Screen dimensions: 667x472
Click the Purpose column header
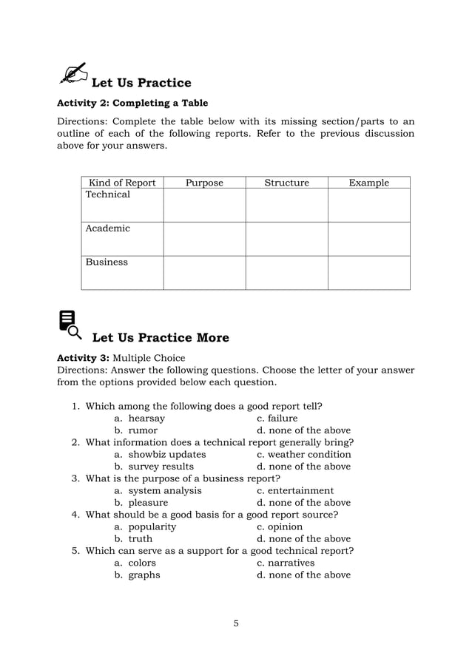tap(204, 183)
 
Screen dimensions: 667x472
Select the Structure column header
tap(286, 183)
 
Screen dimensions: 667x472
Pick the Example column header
tap(368, 183)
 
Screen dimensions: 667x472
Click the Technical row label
tap(107, 194)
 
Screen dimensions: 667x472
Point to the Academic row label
tap(107, 228)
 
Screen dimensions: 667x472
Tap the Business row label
tap(107, 263)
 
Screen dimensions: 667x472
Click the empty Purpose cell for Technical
tap(204, 205)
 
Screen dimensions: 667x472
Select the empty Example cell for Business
tap(368, 272)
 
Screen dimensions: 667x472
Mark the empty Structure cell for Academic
tap(286, 239)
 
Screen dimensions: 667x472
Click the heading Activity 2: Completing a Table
tap(132, 103)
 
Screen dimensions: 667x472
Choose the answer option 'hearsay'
tap(146, 419)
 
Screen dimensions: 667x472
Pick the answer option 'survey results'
tap(161, 467)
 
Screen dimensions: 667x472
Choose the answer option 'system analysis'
tap(164, 490)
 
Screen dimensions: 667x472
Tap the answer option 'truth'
tap(140, 539)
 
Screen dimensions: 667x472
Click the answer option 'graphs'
tap(144, 575)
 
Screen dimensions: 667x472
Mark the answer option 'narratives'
tap(291, 563)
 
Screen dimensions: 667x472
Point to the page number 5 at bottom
tap(236, 623)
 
